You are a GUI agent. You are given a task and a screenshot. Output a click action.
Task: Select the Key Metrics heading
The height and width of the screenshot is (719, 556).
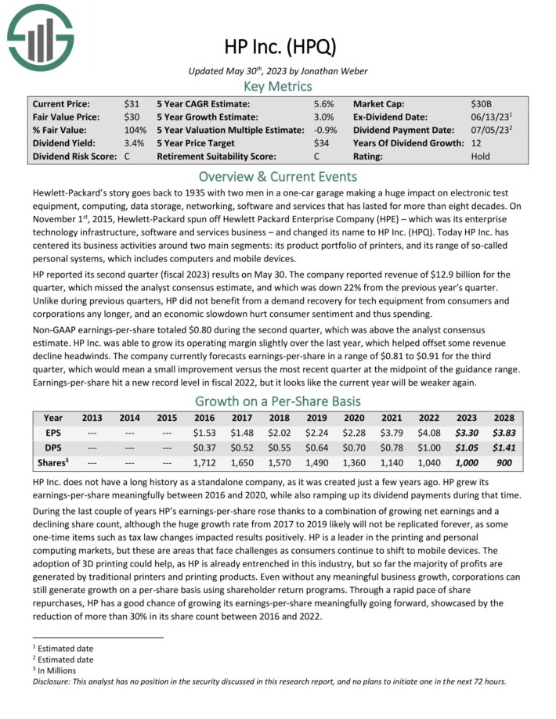[278, 87]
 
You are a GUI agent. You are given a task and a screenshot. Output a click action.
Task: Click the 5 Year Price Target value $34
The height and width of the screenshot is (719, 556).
[320, 143]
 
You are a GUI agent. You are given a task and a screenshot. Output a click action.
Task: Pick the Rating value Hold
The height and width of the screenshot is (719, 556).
[481, 156]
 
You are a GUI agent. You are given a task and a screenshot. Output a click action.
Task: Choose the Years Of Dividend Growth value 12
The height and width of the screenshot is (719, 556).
[477, 143]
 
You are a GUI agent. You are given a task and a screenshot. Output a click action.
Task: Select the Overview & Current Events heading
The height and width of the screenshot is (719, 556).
[278, 176]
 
